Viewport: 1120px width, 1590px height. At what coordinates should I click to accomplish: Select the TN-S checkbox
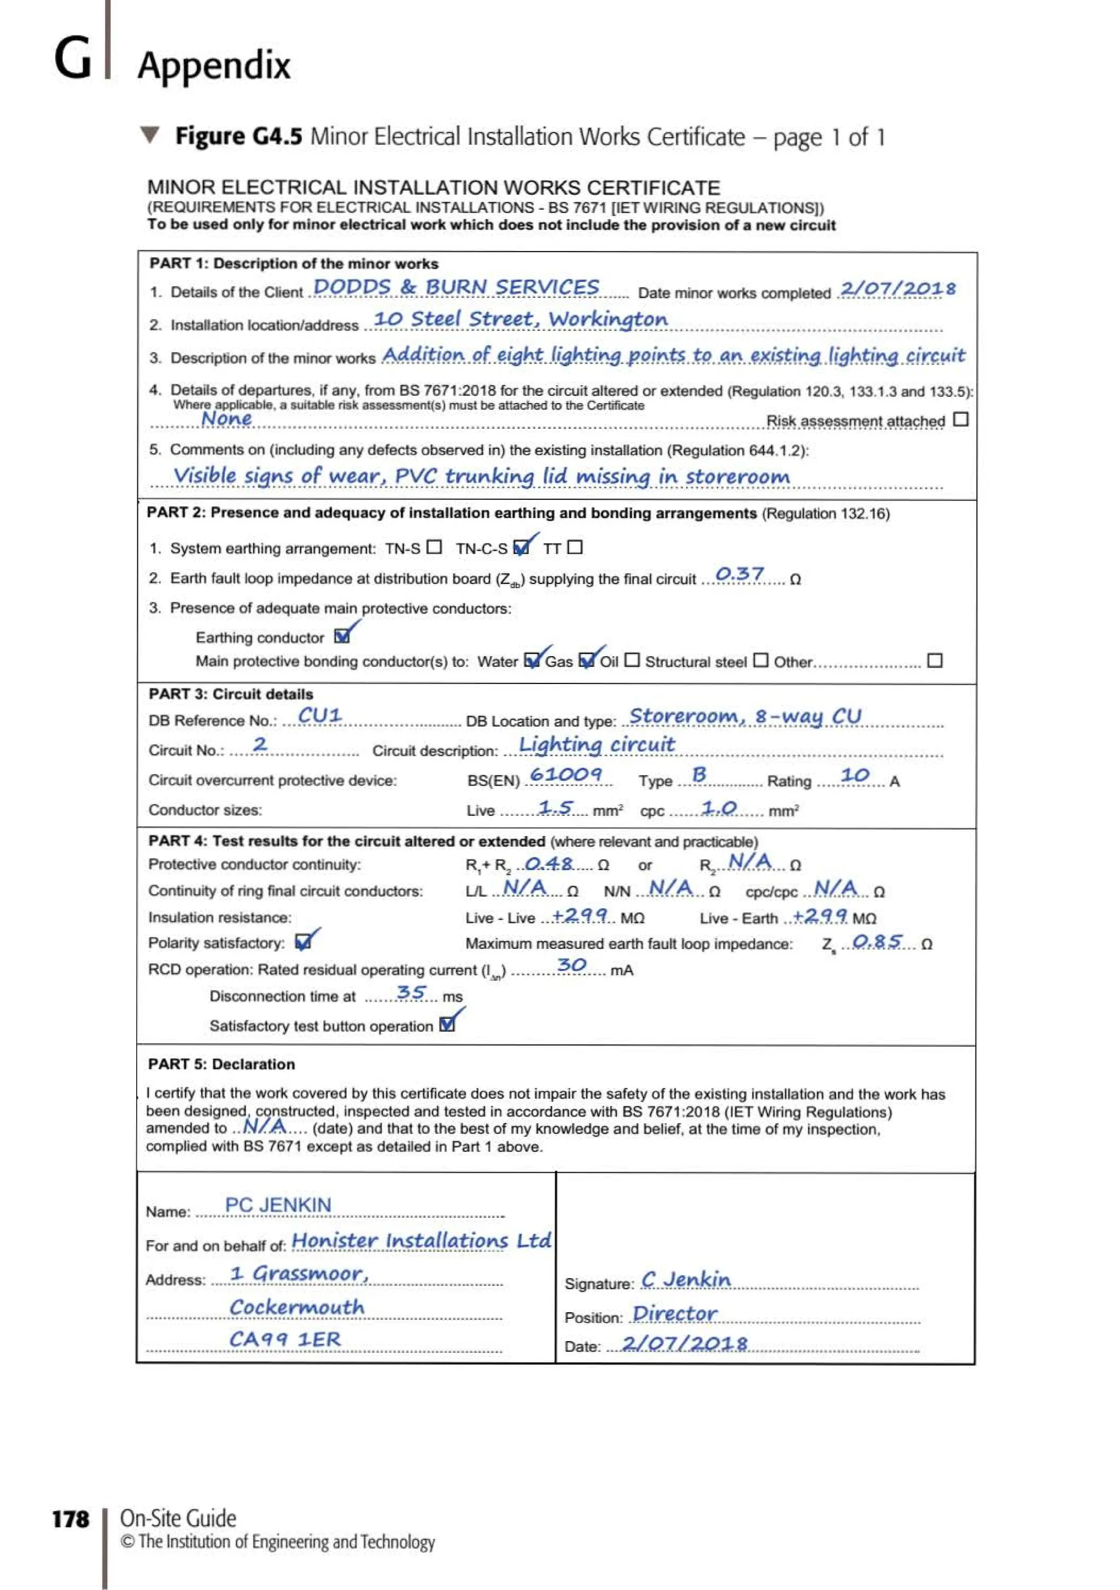434,547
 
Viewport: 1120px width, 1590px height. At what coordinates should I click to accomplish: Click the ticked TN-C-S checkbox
521,548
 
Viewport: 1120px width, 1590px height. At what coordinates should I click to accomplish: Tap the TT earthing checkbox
575,547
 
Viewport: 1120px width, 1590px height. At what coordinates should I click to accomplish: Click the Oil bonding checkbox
632,660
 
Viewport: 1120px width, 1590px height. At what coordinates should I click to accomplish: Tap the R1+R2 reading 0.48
549,863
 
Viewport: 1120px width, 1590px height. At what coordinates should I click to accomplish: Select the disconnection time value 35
411,992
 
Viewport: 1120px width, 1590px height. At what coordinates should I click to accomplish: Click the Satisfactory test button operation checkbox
447,1025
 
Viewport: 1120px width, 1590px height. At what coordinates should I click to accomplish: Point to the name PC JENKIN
278,1206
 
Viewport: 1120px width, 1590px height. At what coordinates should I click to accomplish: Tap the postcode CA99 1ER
285,1340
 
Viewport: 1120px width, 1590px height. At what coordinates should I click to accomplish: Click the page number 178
71,1519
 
